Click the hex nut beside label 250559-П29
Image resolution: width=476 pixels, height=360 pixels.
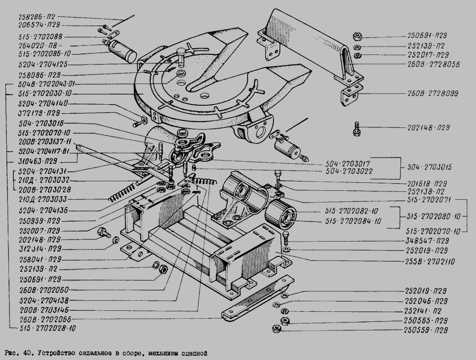(276, 330)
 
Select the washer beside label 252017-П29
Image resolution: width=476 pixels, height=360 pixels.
(358, 54)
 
